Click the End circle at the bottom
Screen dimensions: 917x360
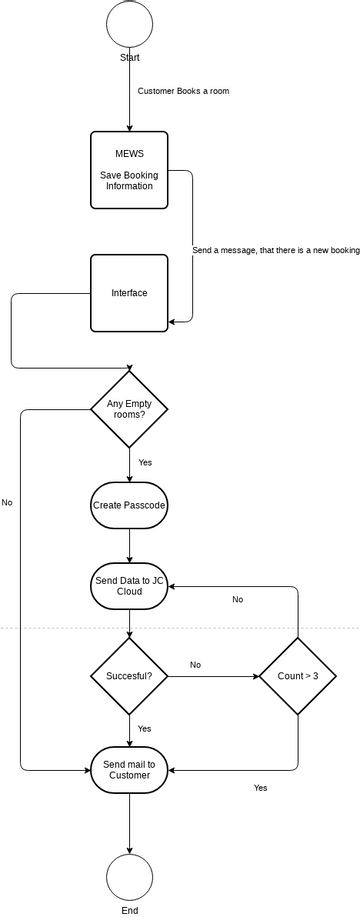129,877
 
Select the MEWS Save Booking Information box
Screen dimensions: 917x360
129,170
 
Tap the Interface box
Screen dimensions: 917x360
129,293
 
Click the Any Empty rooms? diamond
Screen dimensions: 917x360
129,408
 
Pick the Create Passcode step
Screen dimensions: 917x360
129,506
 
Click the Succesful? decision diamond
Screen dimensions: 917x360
129,677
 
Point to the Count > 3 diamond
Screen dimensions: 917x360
298,677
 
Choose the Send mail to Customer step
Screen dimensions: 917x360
129,770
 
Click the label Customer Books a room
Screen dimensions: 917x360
184,91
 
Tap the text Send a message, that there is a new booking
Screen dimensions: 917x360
275,250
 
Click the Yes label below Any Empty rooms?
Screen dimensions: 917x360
145,463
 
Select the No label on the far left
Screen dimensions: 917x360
7,502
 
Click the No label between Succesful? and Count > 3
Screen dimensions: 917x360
195,664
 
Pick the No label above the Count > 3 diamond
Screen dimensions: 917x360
237,599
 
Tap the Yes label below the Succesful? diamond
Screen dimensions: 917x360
145,729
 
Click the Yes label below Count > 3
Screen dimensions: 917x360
260,788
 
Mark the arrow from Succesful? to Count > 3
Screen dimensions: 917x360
213,677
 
